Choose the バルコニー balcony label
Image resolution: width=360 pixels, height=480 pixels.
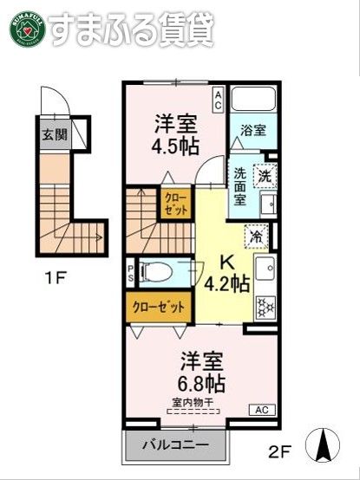176,446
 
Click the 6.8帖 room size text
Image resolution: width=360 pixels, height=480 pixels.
203,382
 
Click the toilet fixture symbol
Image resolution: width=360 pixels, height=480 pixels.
160,273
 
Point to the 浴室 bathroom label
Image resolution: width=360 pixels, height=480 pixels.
253,130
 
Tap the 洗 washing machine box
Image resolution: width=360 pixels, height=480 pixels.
264,175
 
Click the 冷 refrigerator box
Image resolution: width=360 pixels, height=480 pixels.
258,235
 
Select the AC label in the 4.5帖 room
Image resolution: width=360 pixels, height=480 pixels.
219,100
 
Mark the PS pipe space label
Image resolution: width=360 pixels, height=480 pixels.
131,273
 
